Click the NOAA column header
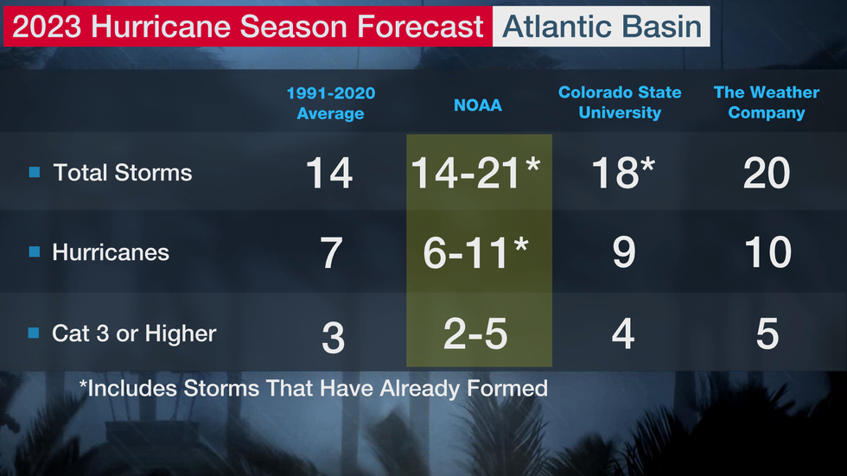[x=477, y=105]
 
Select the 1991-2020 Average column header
[x=330, y=103]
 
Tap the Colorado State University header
[x=620, y=102]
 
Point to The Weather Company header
[x=767, y=102]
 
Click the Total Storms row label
[x=123, y=173]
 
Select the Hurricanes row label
[x=111, y=252]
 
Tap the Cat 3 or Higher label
[x=134, y=333]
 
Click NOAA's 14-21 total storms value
[x=475, y=173]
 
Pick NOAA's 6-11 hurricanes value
[x=475, y=252]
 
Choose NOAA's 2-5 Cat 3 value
[x=475, y=333]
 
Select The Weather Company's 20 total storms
[x=767, y=173]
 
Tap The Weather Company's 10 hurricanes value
[x=767, y=252]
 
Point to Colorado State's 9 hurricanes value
[x=624, y=252]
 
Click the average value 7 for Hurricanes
[x=331, y=252]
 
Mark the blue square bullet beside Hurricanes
[x=35, y=251]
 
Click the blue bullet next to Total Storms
[x=35, y=172]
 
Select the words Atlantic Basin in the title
[x=602, y=27]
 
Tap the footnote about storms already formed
[x=313, y=388]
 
